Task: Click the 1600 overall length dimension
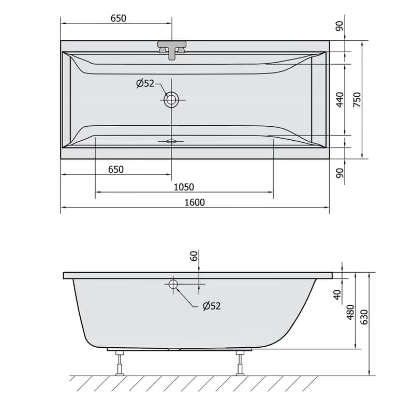(195, 202)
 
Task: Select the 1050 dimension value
(184, 187)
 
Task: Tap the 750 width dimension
(357, 99)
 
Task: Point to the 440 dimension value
(340, 99)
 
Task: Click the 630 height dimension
(364, 317)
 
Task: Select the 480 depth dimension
(350, 312)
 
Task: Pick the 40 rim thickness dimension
(337, 294)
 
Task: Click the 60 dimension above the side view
(194, 256)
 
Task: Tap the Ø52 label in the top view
(145, 83)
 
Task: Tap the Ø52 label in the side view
(212, 306)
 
